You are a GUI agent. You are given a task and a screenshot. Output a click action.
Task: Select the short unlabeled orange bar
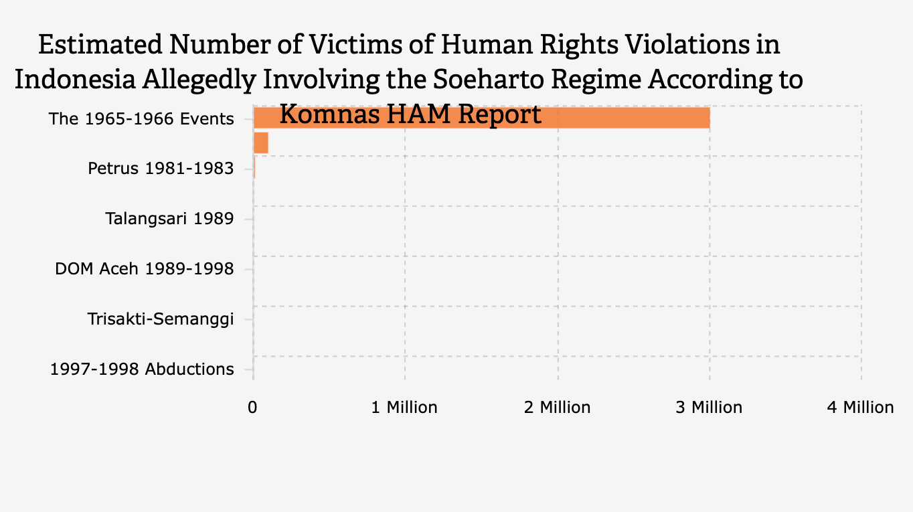(x=261, y=143)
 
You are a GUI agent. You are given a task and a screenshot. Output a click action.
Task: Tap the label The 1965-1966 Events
(x=141, y=119)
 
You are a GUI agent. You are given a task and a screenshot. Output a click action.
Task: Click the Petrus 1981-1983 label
(x=161, y=168)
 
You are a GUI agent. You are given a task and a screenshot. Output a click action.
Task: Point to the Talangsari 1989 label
(x=169, y=218)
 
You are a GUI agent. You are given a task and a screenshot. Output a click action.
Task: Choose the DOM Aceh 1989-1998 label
(x=145, y=269)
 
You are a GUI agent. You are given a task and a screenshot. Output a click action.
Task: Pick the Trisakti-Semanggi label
(x=161, y=319)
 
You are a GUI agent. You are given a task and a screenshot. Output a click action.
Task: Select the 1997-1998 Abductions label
(x=142, y=369)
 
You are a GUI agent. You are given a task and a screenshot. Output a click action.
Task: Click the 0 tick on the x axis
(x=253, y=408)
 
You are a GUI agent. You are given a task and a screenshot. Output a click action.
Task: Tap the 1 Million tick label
(x=404, y=408)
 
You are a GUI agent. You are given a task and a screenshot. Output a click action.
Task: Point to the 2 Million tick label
(x=557, y=408)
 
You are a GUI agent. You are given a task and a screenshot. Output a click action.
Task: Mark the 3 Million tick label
(x=709, y=408)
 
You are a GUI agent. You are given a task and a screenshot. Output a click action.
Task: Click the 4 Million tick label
(x=860, y=408)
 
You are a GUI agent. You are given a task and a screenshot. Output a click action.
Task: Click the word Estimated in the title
(x=100, y=46)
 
